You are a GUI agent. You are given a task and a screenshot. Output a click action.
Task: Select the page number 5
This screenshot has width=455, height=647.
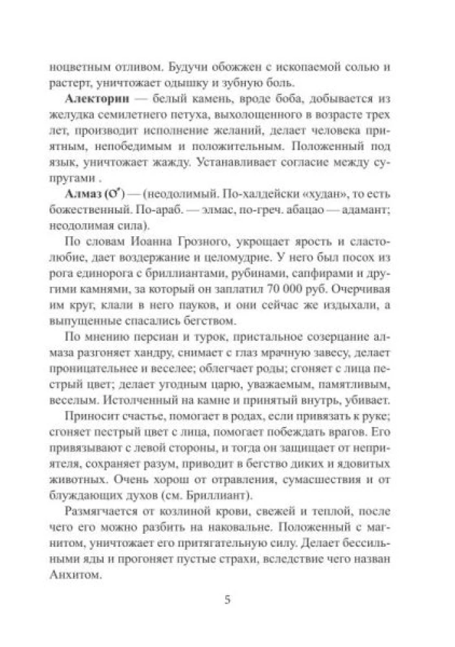click(x=227, y=599)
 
